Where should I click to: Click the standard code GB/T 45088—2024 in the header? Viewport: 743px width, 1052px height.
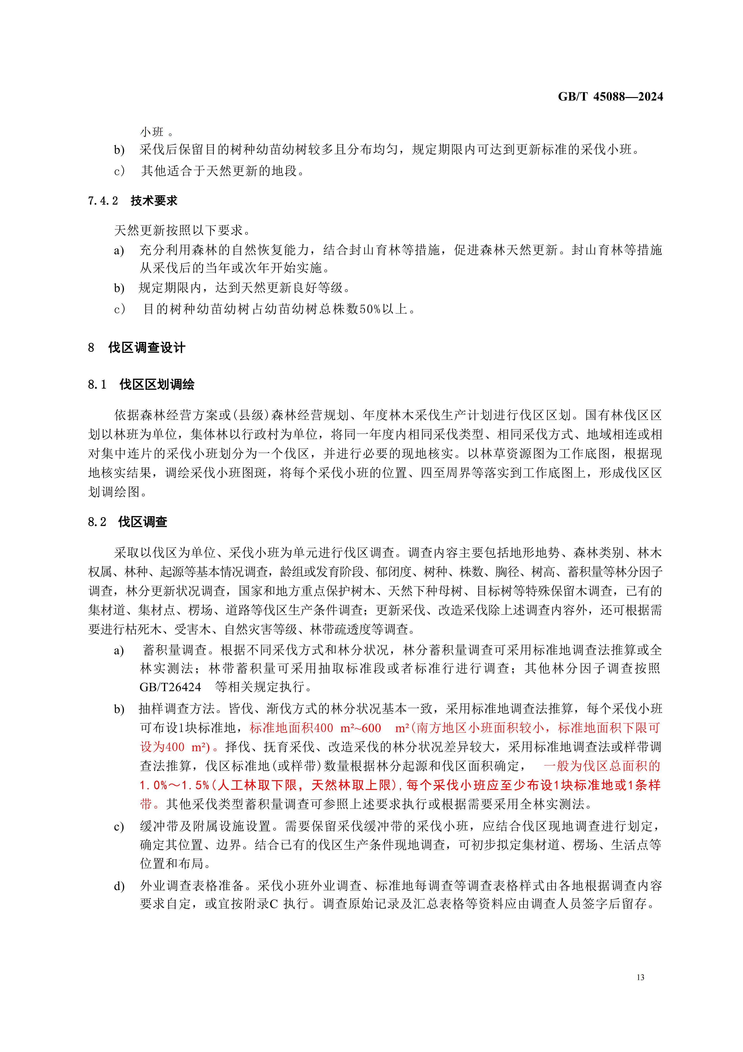610,97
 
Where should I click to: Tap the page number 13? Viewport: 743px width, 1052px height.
640,977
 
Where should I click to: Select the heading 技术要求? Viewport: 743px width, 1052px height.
154,201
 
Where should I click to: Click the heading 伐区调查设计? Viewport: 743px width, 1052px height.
146,348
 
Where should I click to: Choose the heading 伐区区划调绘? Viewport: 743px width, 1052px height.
157,384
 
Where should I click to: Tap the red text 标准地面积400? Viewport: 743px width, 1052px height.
291,728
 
